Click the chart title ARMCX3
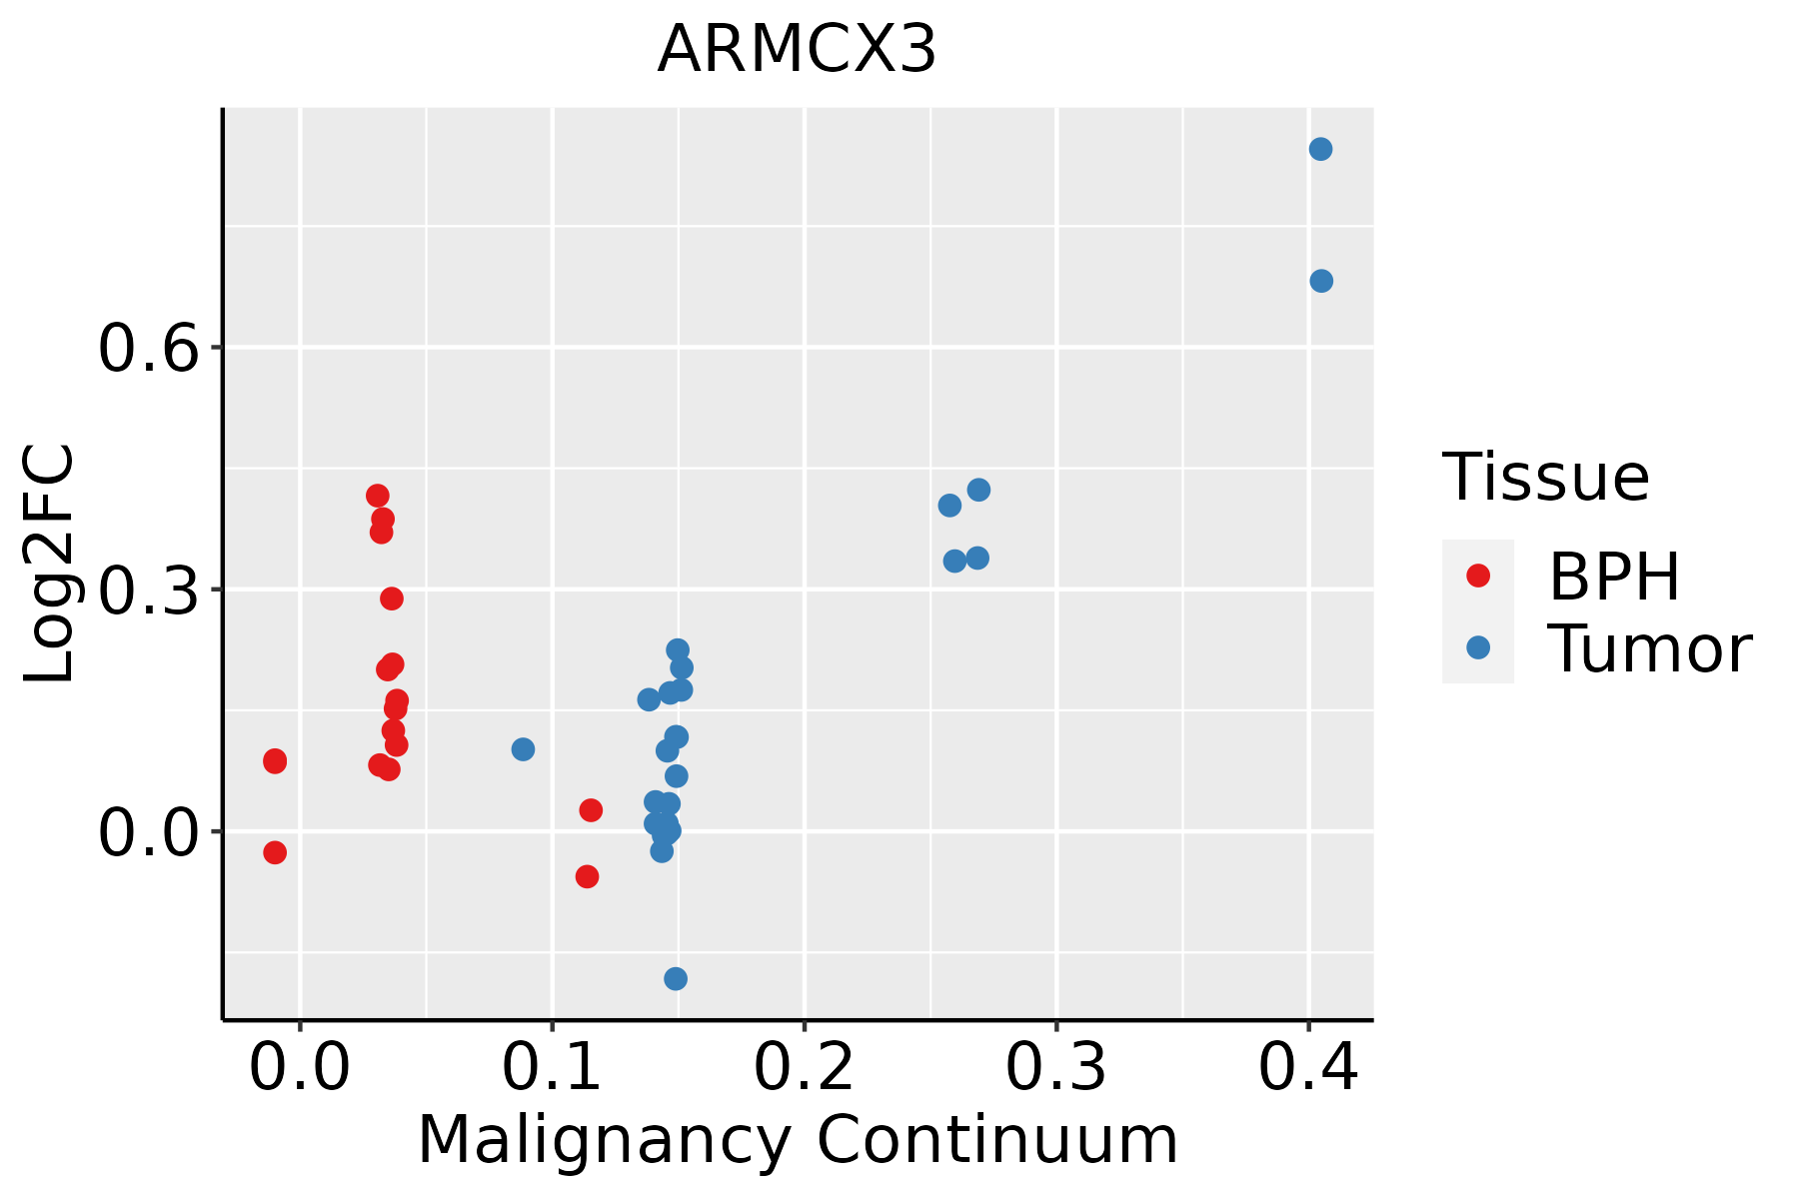(x=797, y=49)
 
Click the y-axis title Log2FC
(x=50, y=565)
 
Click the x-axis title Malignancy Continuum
(x=797, y=1140)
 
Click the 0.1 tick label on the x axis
(x=552, y=1067)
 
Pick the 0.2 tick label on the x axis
(x=804, y=1067)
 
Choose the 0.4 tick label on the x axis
(x=1307, y=1067)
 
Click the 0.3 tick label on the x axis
(x=1055, y=1067)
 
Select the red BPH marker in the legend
(x=1477, y=575)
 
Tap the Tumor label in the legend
(x=1649, y=648)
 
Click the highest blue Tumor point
(x=1320, y=149)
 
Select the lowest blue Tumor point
(x=676, y=978)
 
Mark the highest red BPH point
(x=377, y=496)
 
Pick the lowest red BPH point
(x=587, y=876)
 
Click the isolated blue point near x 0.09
(x=523, y=749)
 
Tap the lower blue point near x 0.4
(x=1321, y=281)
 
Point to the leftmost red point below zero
(x=275, y=852)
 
